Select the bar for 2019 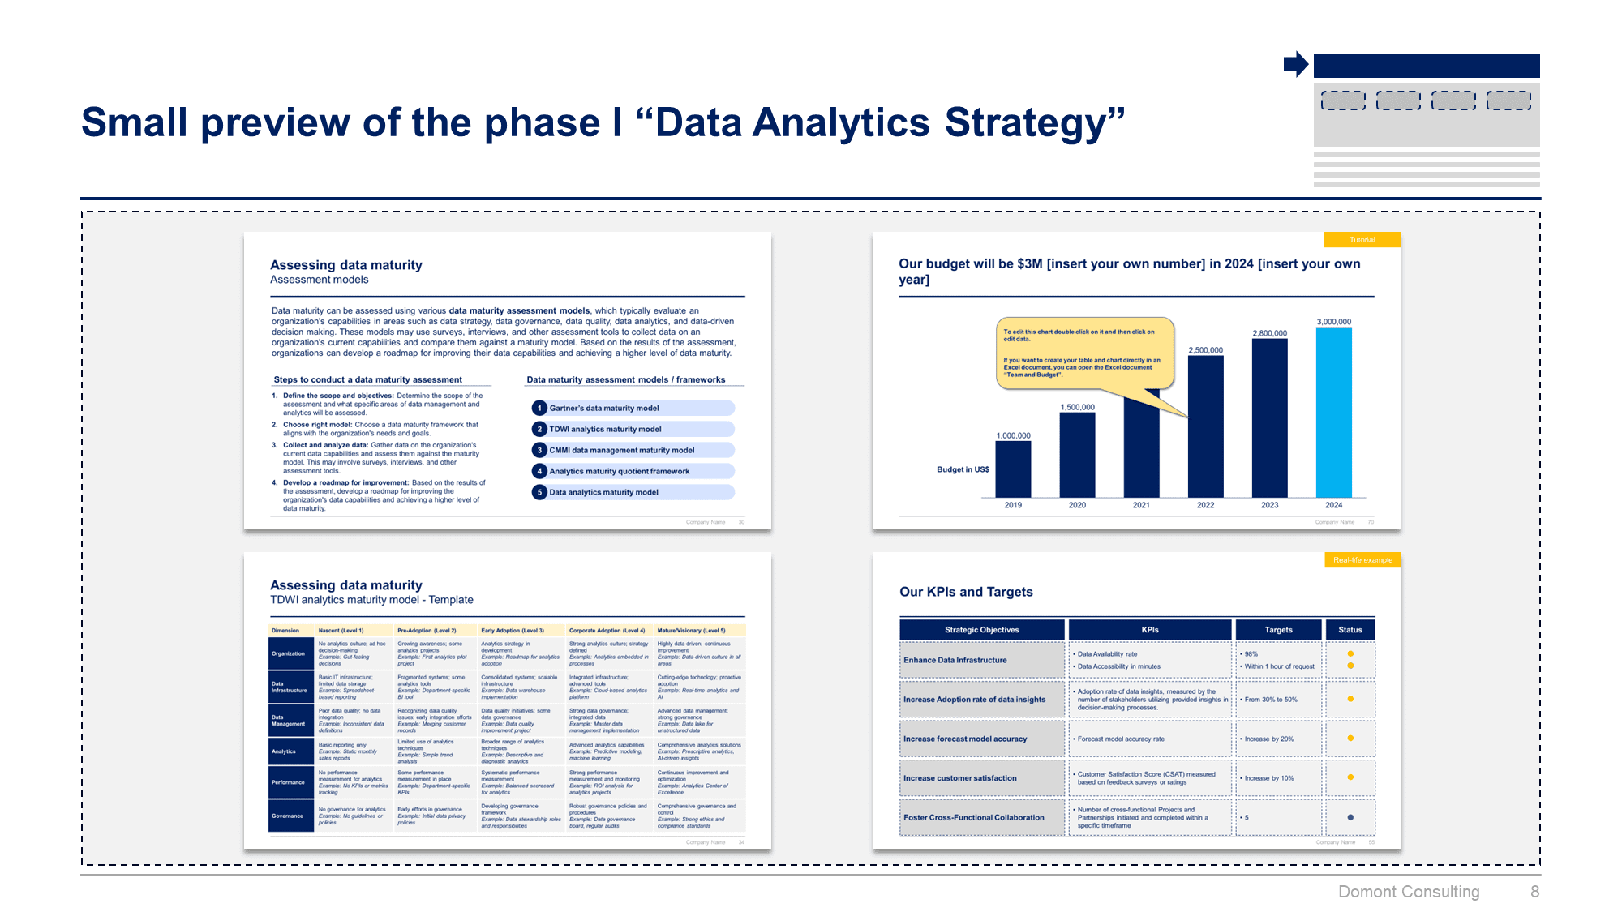(1013, 469)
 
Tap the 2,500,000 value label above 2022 (1205, 350)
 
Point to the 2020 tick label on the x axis (1077, 505)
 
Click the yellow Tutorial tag (1362, 240)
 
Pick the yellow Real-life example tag (1362, 560)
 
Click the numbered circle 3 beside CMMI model (539, 450)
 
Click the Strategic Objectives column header (981, 630)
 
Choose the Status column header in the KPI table (1350, 630)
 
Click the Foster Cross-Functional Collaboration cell (981, 817)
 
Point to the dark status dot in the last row (1350, 817)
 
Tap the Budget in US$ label (963, 469)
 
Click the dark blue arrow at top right (1295, 64)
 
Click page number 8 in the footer (1534, 892)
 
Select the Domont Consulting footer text (1408, 892)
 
